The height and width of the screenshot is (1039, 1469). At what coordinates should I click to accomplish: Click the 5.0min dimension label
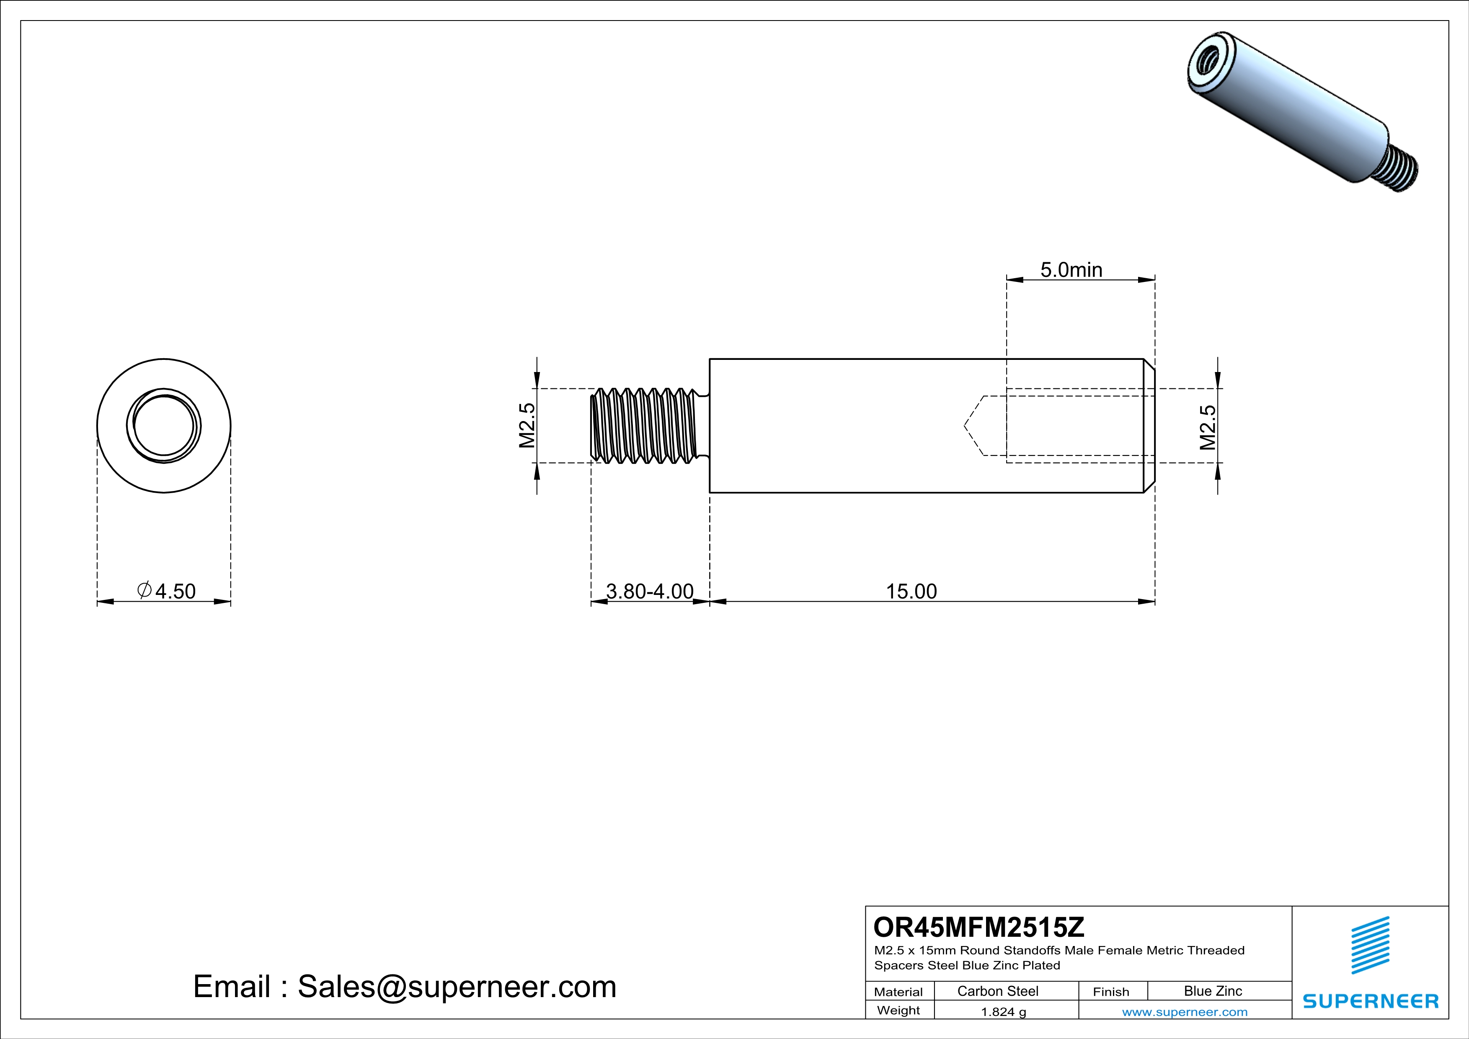pyautogui.click(x=1071, y=270)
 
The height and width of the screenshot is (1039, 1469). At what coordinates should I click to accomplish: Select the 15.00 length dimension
pyautogui.click(x=911, y=591)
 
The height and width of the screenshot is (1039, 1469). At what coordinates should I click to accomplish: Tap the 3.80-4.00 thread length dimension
pyautogui.click(x=649, y=591)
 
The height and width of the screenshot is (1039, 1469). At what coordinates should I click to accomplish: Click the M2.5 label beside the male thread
pyautogui.click(x=527, y=426)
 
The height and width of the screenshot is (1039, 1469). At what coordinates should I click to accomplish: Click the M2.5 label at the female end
pyautogui.click(x=1207, y=427)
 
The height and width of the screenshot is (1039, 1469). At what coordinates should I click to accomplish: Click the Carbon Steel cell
pyautogui.click(x=997, y=991)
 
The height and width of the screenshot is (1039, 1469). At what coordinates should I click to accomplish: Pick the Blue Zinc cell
pyautogui.click(x=1212, y=991)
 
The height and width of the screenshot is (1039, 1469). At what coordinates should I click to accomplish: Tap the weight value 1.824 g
pyautogui.click(x=1003, y=1011)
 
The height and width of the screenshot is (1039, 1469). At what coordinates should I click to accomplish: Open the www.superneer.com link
pyautogui.click(x=1184, y=1011)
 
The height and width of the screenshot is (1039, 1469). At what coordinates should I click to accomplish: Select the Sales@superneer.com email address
pyautogui.click(x=457, y=987)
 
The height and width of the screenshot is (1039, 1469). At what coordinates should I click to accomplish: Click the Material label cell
pyautogui.click(x=898, y=992)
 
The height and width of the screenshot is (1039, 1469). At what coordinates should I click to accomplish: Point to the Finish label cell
pyautogui.click(x=1111, y=992)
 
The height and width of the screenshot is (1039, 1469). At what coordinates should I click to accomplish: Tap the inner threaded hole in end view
pyautogui.click(x=164, y=426)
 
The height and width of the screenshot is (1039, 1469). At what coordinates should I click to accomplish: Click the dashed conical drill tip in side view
pyautogui.click(x=974, y=426)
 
